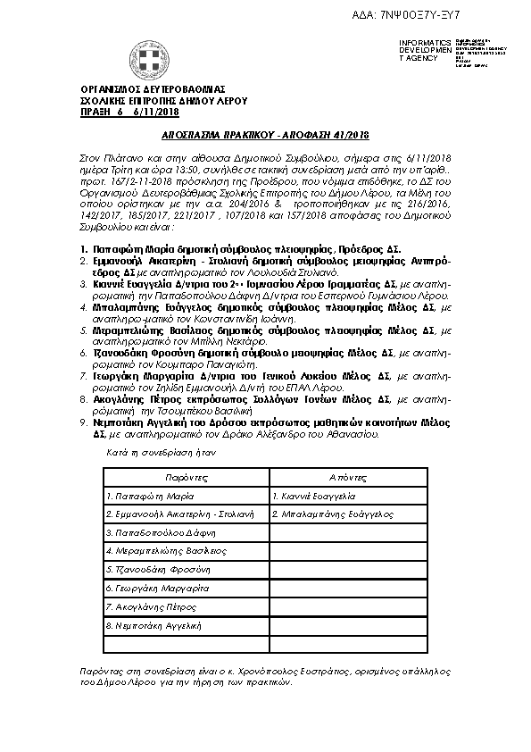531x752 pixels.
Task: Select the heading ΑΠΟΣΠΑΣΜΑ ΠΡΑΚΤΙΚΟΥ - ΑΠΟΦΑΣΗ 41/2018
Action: click(x=265, y=135)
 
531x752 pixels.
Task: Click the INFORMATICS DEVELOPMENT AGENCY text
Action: click(x=419, y=50)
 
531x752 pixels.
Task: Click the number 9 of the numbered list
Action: click(x=82, y=419)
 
